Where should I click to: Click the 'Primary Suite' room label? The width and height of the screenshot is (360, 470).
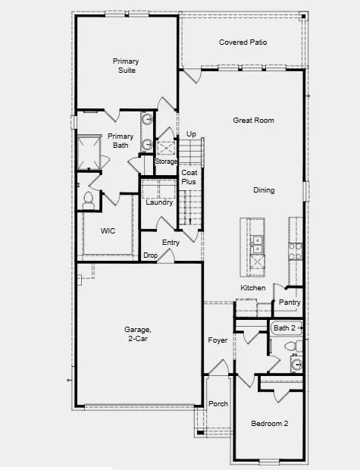click(125, 65)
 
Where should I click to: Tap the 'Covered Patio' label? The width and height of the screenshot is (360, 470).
click(243, 42)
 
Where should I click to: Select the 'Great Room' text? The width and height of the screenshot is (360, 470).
click(253, 121)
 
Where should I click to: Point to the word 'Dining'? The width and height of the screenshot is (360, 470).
click(264, 190)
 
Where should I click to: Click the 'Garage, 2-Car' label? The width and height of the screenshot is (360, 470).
click(138, 334)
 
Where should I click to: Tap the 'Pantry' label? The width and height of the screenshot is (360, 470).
click(290, 302)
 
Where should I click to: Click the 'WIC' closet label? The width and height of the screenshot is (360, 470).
click(108, 231)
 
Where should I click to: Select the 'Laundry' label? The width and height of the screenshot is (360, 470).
click(159, 202)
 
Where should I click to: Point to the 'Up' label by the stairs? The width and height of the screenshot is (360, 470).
click(191, 134)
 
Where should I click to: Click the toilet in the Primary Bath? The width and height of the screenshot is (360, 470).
click(88, 199)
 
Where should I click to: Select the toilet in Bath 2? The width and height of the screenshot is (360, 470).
click(291, 346)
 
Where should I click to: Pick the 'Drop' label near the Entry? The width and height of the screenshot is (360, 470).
click(151, 255)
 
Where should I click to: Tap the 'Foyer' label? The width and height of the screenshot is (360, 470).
click(218, 340)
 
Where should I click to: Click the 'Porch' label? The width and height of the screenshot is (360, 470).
click(218, 403)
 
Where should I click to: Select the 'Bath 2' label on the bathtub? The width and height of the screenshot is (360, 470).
click(286, 327)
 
